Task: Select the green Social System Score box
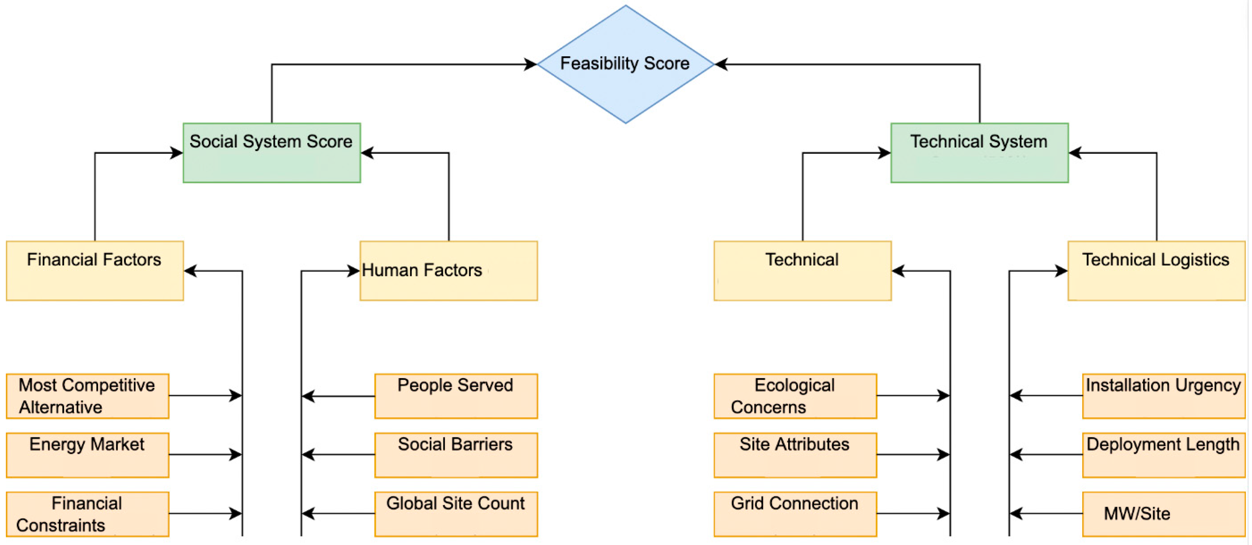point(272,153)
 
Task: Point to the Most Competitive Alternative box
point(87,396)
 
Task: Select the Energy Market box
point(87,454)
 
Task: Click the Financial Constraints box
point(87,513)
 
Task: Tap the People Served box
point(456,396)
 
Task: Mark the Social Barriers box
point(456,454)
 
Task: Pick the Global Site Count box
point(456,513)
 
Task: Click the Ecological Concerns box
point(795,396)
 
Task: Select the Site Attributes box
point(795,454)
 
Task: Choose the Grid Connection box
point(795,513)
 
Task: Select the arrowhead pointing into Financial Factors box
point(190,271)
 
